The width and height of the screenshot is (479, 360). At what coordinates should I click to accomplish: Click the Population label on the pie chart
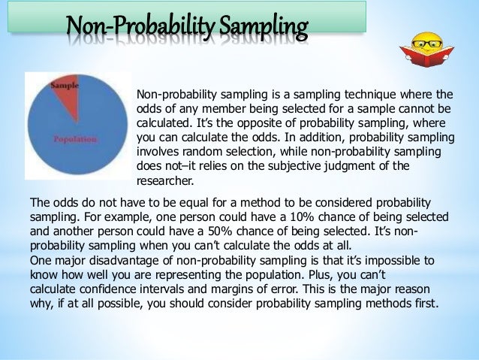coord(74,139)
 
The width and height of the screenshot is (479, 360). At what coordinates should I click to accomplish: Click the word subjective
coord(288,167)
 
